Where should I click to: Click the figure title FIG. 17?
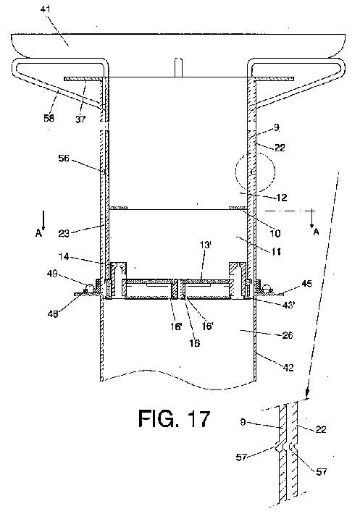click(174, 418)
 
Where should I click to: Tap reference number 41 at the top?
click(46, 9)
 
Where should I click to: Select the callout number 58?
click(49, 118)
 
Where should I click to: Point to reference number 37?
click(80, 119)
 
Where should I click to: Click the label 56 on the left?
click(64, 158)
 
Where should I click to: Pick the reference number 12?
click(282, 198)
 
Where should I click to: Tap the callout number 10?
click(275, 233)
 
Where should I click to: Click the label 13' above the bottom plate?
click(205, 245)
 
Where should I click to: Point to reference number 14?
click(64, 257)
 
